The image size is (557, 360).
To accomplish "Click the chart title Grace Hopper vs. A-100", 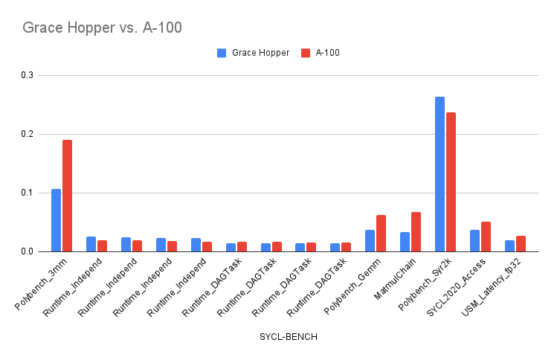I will tap(102, 28).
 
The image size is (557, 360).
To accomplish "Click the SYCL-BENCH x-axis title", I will tap(288, 337).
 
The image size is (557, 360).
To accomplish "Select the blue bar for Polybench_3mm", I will tap(56, 220).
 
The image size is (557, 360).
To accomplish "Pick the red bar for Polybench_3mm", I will tap(67, 196).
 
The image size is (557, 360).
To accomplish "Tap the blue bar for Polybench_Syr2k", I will tap(440, 174).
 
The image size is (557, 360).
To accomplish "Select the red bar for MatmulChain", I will tap(416, 232).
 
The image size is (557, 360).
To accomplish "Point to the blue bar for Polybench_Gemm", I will tap(370, 240).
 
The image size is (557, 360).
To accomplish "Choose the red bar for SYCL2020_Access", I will tap(486, 237).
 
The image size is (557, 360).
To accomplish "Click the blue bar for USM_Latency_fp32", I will tap(509, 245).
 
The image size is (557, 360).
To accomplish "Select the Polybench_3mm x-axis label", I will tap(43, 282).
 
